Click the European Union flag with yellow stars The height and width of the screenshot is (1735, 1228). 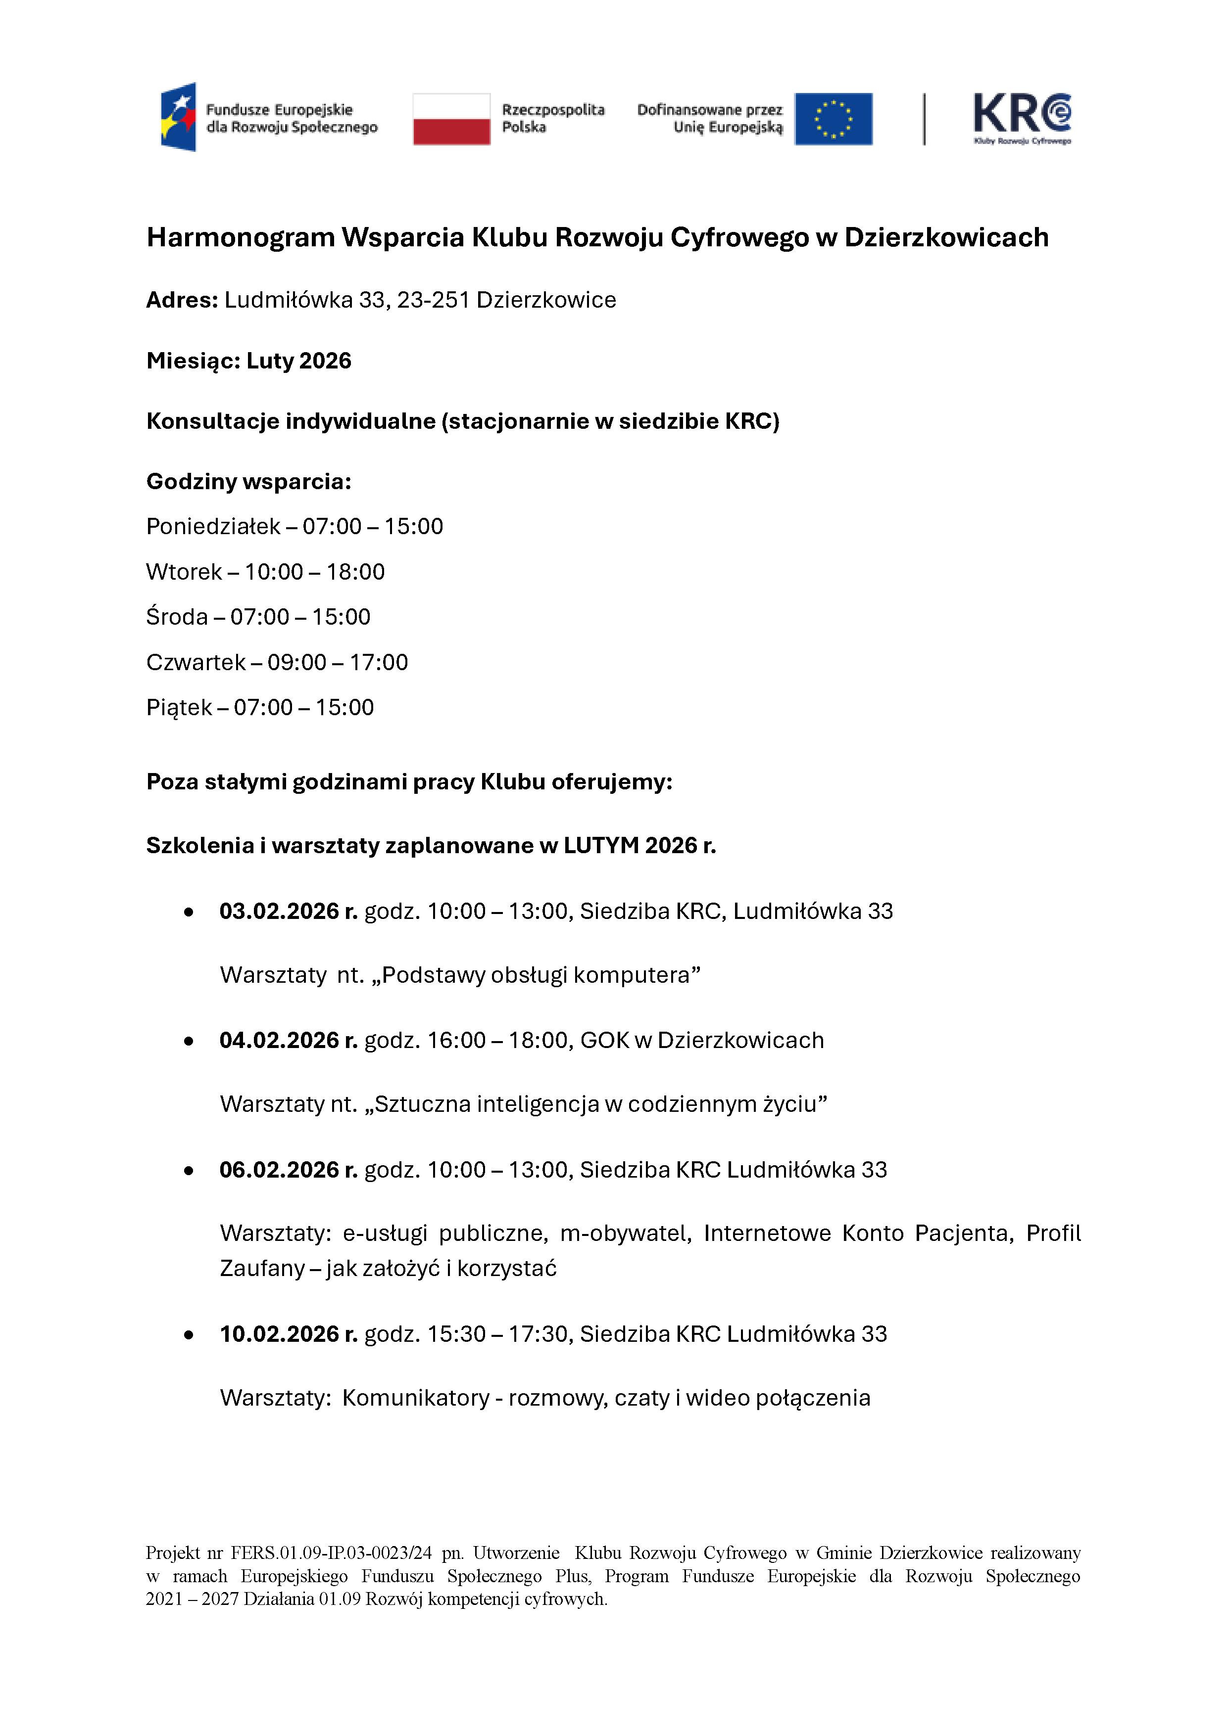pos(834,119)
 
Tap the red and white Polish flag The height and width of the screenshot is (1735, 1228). pos(451,119)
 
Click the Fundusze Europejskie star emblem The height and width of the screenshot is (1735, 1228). pos(179,117)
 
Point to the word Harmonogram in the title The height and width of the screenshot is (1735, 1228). pos(241,237)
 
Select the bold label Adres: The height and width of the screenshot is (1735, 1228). pos(182,300)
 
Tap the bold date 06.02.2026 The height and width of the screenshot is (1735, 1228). pos(279,1169)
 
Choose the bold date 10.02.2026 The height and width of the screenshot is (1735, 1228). pos(279,1334)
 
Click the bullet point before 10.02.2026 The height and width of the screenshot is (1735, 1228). pos(189,1335)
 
